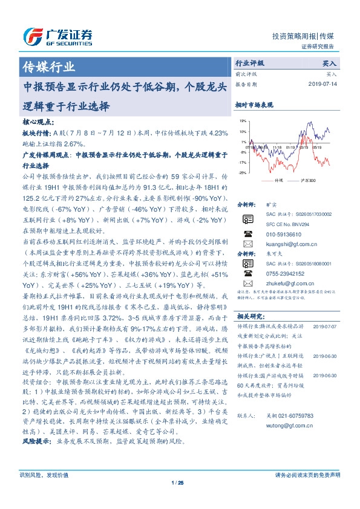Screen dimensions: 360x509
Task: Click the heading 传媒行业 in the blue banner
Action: coord(48,66)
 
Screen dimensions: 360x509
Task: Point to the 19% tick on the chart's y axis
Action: coord(243,121)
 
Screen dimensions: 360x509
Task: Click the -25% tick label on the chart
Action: coord(242,173)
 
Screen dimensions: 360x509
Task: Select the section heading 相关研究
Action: coord(249,316)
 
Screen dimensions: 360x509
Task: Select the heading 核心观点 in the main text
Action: coord(36,122)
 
